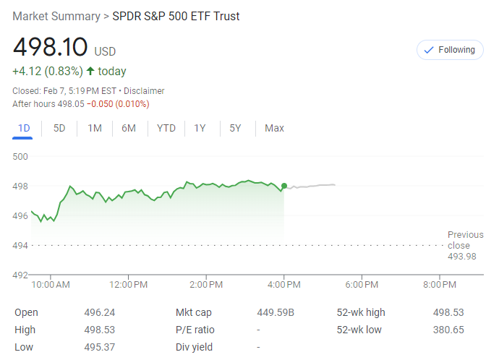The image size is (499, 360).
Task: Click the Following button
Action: (450, 50)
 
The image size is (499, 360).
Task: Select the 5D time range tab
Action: (60, 128)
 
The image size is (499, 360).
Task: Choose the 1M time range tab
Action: (95, 128)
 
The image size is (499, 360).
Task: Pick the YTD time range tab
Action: (166, 128)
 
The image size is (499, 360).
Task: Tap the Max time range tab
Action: (274, 128)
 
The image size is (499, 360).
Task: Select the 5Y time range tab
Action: (236, 128)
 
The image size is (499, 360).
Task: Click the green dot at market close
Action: (284, 186)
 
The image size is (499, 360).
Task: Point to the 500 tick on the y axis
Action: (20, 156)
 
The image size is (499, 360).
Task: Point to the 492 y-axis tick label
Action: (20, 275)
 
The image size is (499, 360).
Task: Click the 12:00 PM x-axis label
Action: (129, 285)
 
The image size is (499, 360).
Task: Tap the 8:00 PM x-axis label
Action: (439, 285)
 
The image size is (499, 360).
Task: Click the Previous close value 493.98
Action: (462, 256)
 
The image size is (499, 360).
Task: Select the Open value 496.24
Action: (100, 312)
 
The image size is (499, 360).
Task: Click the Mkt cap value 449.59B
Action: (275, 312)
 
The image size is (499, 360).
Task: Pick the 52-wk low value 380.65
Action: (448, 330)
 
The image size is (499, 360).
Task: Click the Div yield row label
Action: (194, 347)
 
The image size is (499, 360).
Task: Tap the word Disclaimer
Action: (144, 91)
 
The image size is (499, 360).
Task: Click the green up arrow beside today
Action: (90, 72)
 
